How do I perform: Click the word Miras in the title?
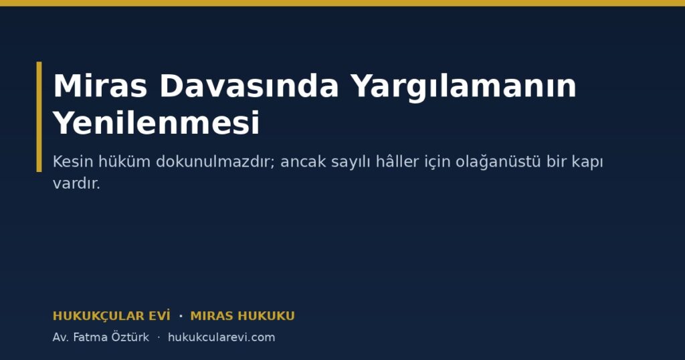[x=100, y=86]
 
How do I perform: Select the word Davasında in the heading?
[x=249, y=86]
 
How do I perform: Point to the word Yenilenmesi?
[x=157, y=122]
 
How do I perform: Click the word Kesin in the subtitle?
[x=73, y=162]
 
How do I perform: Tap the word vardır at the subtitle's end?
[x=76, y=183]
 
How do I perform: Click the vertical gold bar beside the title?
[x=39, y=116]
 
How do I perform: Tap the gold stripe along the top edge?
[x=342, y=3]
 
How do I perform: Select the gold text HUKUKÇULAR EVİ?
[x=112, y=316]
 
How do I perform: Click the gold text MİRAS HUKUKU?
[x=242, y=316]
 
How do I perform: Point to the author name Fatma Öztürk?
[x=111, y=337]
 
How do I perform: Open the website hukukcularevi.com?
[x=221, y=337]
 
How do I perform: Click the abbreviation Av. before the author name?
[x=61, y=337]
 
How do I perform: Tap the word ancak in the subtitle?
[x=303, y=162]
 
